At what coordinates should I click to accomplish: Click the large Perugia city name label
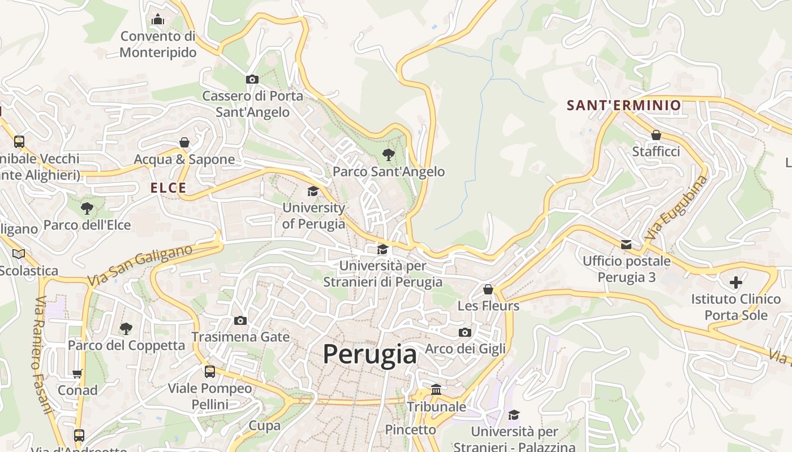(370, 355)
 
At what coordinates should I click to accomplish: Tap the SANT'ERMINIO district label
(624, 105)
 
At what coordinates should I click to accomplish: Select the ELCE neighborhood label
(168, 188)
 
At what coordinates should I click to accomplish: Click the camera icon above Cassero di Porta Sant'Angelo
(252, 80)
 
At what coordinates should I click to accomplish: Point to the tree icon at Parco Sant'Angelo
(388, 154)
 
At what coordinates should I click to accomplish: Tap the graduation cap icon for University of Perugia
(313, 192)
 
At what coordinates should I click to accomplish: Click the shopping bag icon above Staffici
(656, 135)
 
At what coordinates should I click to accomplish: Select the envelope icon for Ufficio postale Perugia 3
(626, 245)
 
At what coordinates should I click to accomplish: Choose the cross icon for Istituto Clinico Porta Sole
(736, 282)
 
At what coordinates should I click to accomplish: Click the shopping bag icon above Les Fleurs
(488, 289)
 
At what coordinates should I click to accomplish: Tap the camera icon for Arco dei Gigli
(465, 332)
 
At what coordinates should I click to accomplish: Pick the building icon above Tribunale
(436, 390)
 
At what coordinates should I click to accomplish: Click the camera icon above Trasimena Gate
(240, 321)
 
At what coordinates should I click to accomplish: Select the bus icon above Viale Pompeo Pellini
(210, 372)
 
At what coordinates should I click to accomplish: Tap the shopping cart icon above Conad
(78, 373)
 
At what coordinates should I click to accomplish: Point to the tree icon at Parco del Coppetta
(126, 328)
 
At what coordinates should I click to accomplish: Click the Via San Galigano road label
(140, 265)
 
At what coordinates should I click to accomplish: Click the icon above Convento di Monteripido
(158, 20)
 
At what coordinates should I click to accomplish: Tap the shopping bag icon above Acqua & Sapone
(184, 142)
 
